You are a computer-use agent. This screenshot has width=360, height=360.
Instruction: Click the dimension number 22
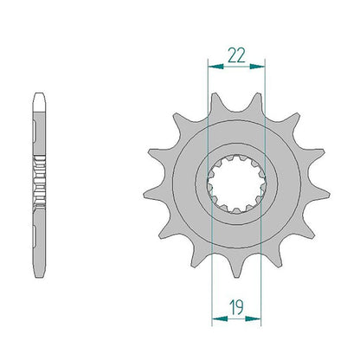[236, 55]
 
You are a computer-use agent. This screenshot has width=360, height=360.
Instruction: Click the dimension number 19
[236, 307]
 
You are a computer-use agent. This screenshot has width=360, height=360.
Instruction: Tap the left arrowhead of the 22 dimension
[215, 67]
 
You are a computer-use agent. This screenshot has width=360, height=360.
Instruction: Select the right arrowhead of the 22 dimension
[257, 67]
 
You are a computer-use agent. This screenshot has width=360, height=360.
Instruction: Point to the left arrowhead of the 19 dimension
[220, 318]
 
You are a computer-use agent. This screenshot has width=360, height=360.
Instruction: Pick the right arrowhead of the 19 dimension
[253, 318]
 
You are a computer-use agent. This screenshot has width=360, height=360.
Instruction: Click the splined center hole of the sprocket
[236, 184]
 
